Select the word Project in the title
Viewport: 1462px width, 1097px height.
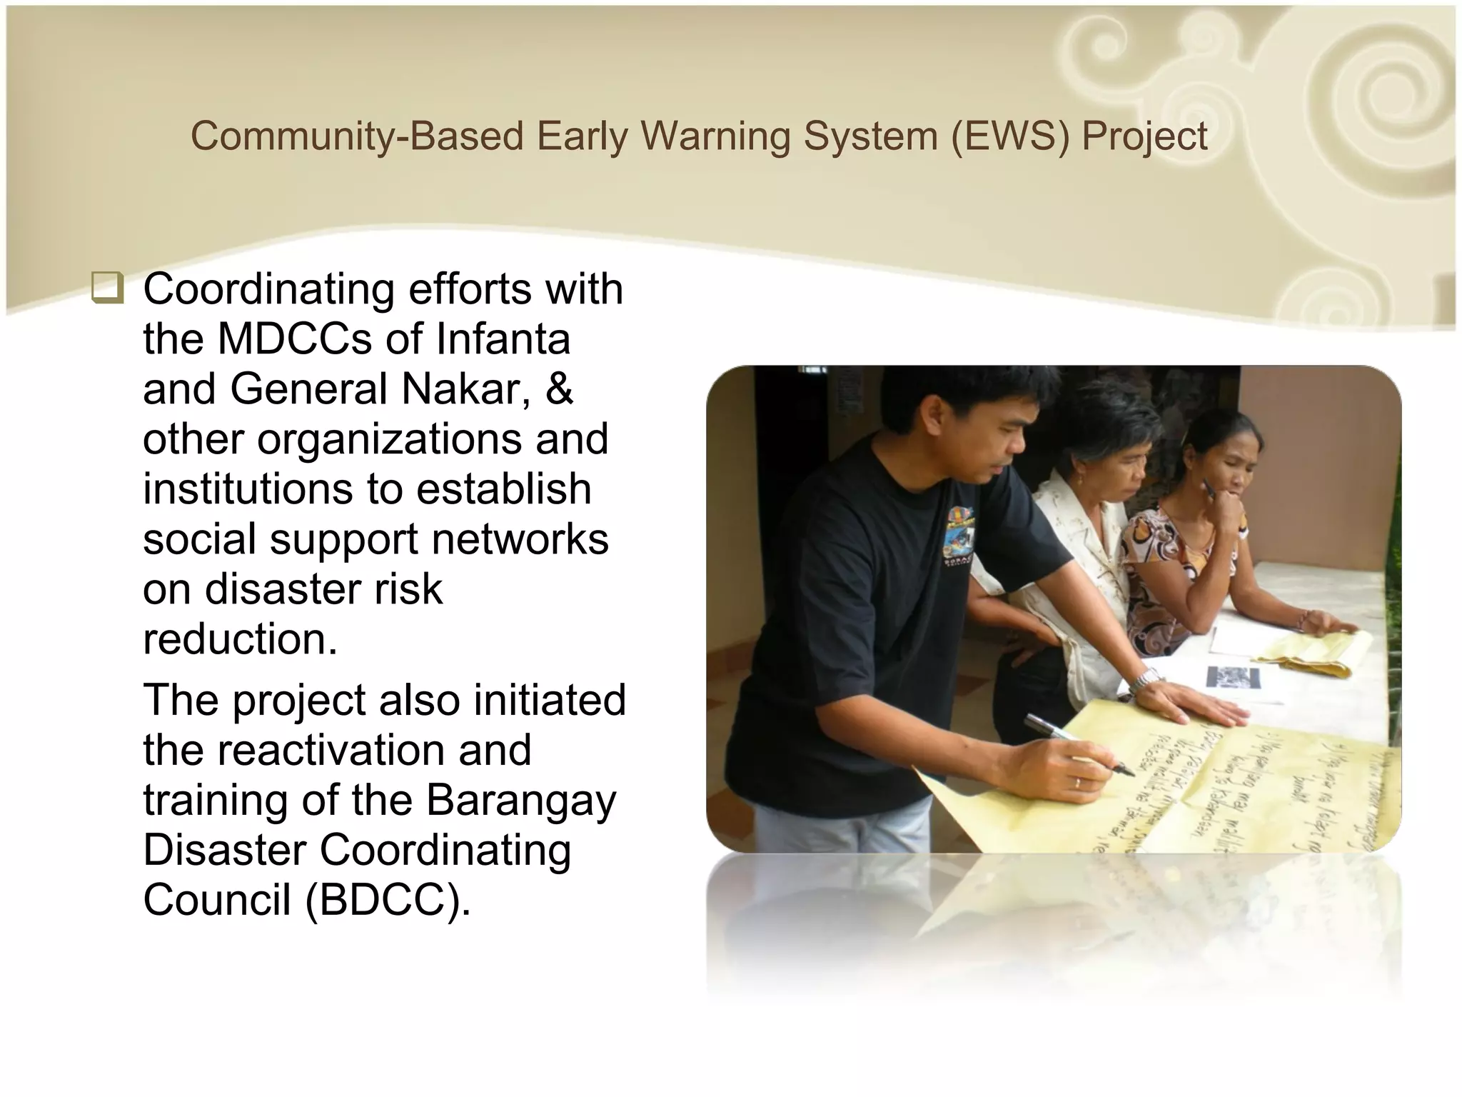pos(1144,137)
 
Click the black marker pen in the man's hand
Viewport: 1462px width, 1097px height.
pos(1078,744)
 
